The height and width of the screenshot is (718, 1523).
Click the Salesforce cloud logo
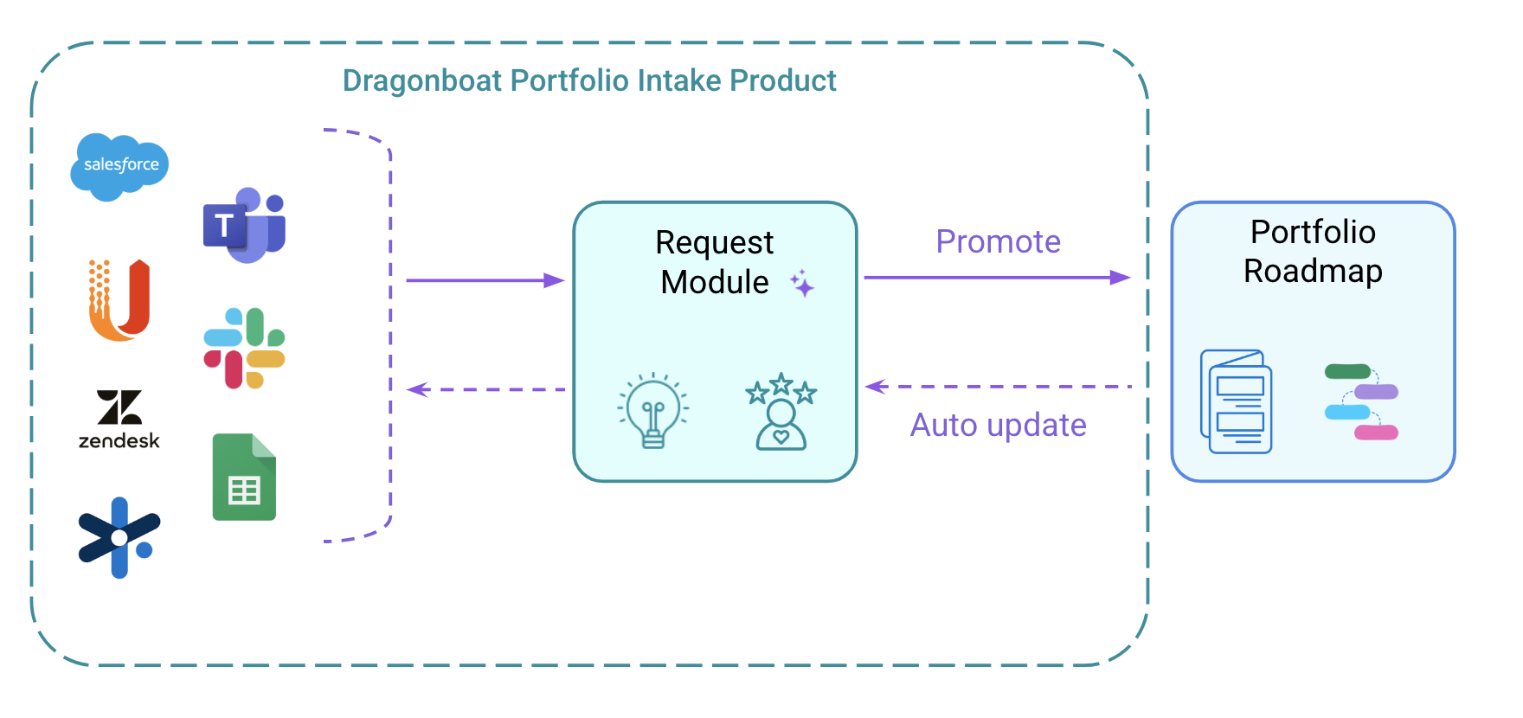[x=119, y=166]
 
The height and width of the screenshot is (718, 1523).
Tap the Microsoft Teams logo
[x=245, y=225]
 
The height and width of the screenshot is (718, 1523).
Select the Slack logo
[x=244, y=348]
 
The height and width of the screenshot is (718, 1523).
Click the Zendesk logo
[x=119, y=420]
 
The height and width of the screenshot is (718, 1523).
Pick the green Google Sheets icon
[x=244, y=477]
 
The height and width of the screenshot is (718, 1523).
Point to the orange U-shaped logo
[x=119, y=300]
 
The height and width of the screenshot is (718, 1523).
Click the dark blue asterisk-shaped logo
[x=119, y=537]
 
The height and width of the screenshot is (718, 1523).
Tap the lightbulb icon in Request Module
[x=653, y=411]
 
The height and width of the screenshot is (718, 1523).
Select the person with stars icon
[x=781, y=412]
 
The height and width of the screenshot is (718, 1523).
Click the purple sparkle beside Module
[x=802, y=283]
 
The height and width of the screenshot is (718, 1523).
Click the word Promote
[x=999, y=241]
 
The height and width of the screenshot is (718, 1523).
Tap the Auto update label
[x=999, y=425]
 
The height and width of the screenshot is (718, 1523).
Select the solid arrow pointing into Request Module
[x=485, y=280]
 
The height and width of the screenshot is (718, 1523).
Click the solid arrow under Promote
[x=998, y=278]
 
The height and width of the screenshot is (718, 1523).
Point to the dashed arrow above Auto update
[x=999, y=387]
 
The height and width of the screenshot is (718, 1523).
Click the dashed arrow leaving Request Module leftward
[x=485, y=389]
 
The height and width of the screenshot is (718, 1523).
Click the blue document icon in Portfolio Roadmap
[x=1237, y=401]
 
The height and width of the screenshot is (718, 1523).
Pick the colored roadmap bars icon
[x=1361, y=402]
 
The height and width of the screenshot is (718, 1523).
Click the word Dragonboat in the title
[x=422, y=80]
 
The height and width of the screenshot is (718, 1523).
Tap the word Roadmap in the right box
[x=1313, y=272]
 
